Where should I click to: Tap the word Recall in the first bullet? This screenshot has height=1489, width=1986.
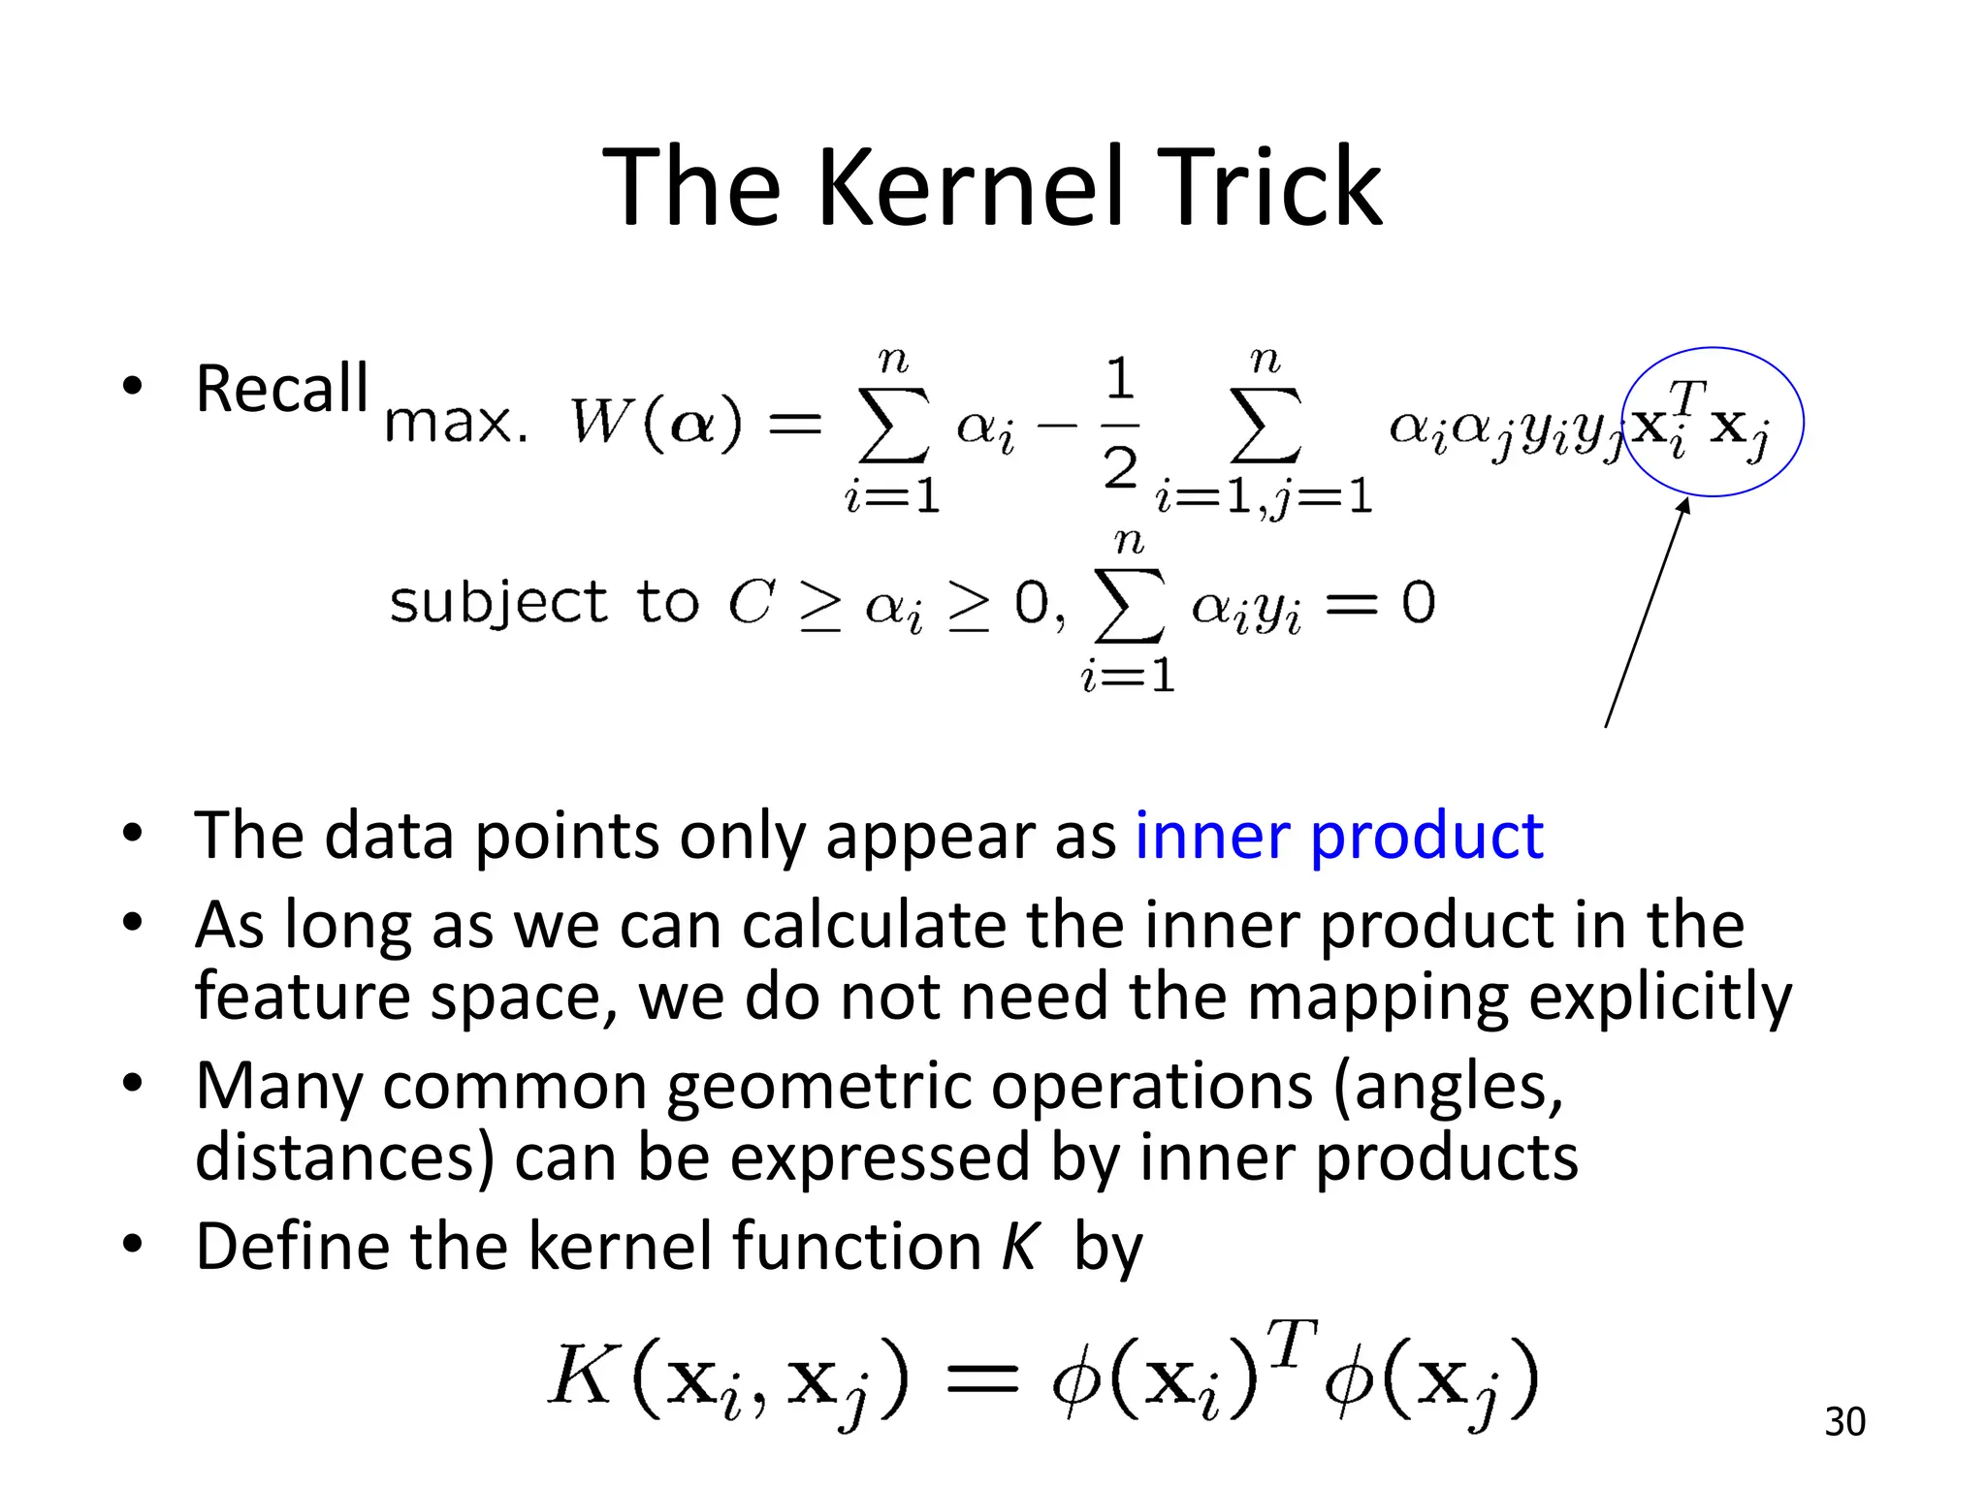click(281, 389)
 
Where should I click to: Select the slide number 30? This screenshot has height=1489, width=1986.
click(1844, 1422)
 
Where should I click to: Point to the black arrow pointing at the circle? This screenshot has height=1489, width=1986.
click(1647, 611)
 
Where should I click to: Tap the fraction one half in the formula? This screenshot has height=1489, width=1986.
click(1120, 424)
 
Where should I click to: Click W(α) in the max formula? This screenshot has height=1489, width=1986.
click(656, 423)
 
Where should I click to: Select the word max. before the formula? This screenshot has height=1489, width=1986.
click(456, 424)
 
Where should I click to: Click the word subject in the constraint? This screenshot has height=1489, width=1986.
click(497, 603)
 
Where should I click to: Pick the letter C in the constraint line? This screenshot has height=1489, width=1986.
click(752, 602)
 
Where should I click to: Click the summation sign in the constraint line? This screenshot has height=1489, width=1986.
click(1128, 605)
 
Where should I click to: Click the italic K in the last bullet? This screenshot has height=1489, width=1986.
click(1020, 1247)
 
